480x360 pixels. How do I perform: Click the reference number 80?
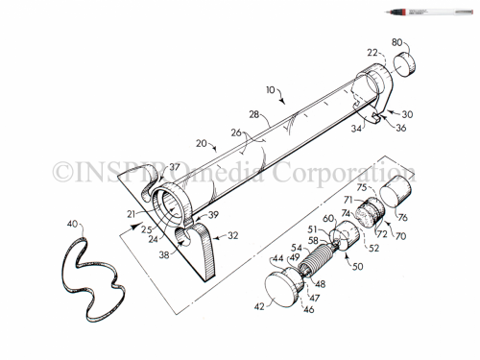(396, 42)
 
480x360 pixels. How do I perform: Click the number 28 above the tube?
(253, 115)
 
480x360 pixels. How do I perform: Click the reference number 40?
(74, 223)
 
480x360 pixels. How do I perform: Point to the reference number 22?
(371, 53)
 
